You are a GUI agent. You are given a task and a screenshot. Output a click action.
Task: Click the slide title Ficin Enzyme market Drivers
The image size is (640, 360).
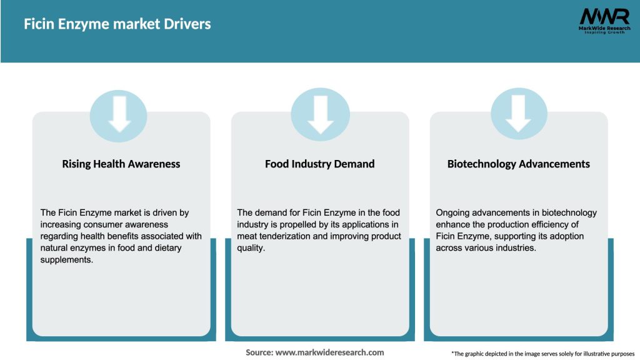[x=117, y=24]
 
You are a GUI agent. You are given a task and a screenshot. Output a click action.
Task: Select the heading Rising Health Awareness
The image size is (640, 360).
[x=121, y=164]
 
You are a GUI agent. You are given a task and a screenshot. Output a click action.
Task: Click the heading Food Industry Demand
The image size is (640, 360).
[x=319, y=164]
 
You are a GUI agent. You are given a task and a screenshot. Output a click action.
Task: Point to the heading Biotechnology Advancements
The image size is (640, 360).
[x=518, y=164]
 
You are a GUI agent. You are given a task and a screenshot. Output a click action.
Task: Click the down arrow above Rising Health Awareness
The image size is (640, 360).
[x=119, y=114]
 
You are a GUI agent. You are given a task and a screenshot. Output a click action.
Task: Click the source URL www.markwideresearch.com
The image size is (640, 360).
[x=330, y=352]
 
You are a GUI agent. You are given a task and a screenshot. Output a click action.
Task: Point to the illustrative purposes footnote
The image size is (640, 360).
[x=542, y=354]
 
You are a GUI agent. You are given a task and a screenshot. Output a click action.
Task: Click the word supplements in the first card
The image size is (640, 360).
[x=66, y=259]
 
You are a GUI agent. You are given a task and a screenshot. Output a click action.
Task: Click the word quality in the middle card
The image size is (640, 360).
[x=250, y=248]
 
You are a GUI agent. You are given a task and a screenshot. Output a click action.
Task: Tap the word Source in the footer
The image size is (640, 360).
[x=259, y=352]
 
